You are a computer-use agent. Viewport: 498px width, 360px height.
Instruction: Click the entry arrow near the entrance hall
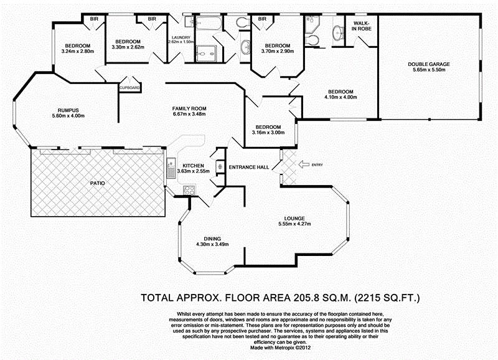(304, 164)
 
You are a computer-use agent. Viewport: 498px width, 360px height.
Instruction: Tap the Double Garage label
(429, 64)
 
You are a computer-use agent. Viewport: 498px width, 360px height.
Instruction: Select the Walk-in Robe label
(362, 26)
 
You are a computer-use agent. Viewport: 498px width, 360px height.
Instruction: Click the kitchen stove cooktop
(189, 190)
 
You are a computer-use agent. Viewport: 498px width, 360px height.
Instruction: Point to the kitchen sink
(172, 168)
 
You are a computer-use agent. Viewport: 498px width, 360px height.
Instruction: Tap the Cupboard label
(129, 88)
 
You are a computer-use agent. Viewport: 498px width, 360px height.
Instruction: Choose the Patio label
(98, 183)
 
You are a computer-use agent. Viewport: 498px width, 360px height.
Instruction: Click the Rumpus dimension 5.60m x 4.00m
(68, 116)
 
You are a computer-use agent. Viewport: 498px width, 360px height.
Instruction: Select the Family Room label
(189, 108)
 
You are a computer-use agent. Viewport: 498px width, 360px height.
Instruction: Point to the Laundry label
(181, 37)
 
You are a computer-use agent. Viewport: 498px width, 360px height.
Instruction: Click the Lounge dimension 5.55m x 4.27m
(294, 224)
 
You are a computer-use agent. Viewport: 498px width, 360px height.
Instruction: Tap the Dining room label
(212, 239)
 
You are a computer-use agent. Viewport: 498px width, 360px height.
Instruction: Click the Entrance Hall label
(249, 167)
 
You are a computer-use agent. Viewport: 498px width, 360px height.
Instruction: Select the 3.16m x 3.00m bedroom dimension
(268, 133)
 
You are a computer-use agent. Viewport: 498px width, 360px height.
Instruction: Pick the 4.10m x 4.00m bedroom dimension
(341, 97)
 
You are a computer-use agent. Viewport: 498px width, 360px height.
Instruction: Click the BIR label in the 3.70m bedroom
(262, 19)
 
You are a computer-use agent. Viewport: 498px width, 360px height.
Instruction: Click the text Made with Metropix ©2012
(281, 348)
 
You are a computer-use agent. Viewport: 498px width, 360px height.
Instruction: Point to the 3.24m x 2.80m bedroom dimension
(78, 51)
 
